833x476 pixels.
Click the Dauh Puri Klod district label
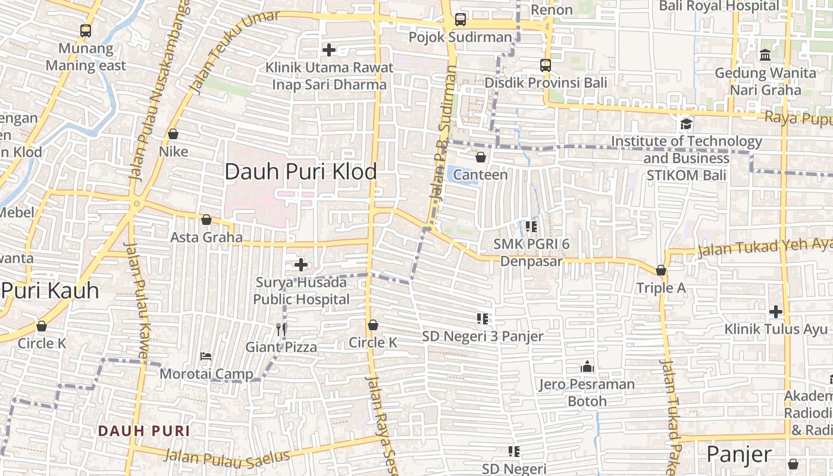click(300, 172)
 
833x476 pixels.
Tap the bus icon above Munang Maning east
click(86, 31)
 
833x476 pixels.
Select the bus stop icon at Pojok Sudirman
click(460, 20)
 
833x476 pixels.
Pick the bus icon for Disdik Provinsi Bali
click(546, 65)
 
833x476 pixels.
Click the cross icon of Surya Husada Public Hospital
click(301, 264)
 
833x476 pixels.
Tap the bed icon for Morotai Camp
click(206, 356)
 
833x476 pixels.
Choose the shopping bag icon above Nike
click(173, 134)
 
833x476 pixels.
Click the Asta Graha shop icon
click(206, 220)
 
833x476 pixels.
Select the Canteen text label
click(480, 175)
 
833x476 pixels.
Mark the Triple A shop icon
click(660, 270)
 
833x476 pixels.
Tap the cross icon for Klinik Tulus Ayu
click(775, 311)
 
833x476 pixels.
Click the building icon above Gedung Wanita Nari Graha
click(765, 55)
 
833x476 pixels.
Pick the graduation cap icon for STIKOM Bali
click(686, 124)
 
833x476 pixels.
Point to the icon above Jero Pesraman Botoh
click(587, 367)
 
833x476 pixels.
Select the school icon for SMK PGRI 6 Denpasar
click(531, 226)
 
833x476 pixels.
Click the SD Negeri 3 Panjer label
click(483, 336)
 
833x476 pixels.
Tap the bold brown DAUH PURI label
click(143, 431)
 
